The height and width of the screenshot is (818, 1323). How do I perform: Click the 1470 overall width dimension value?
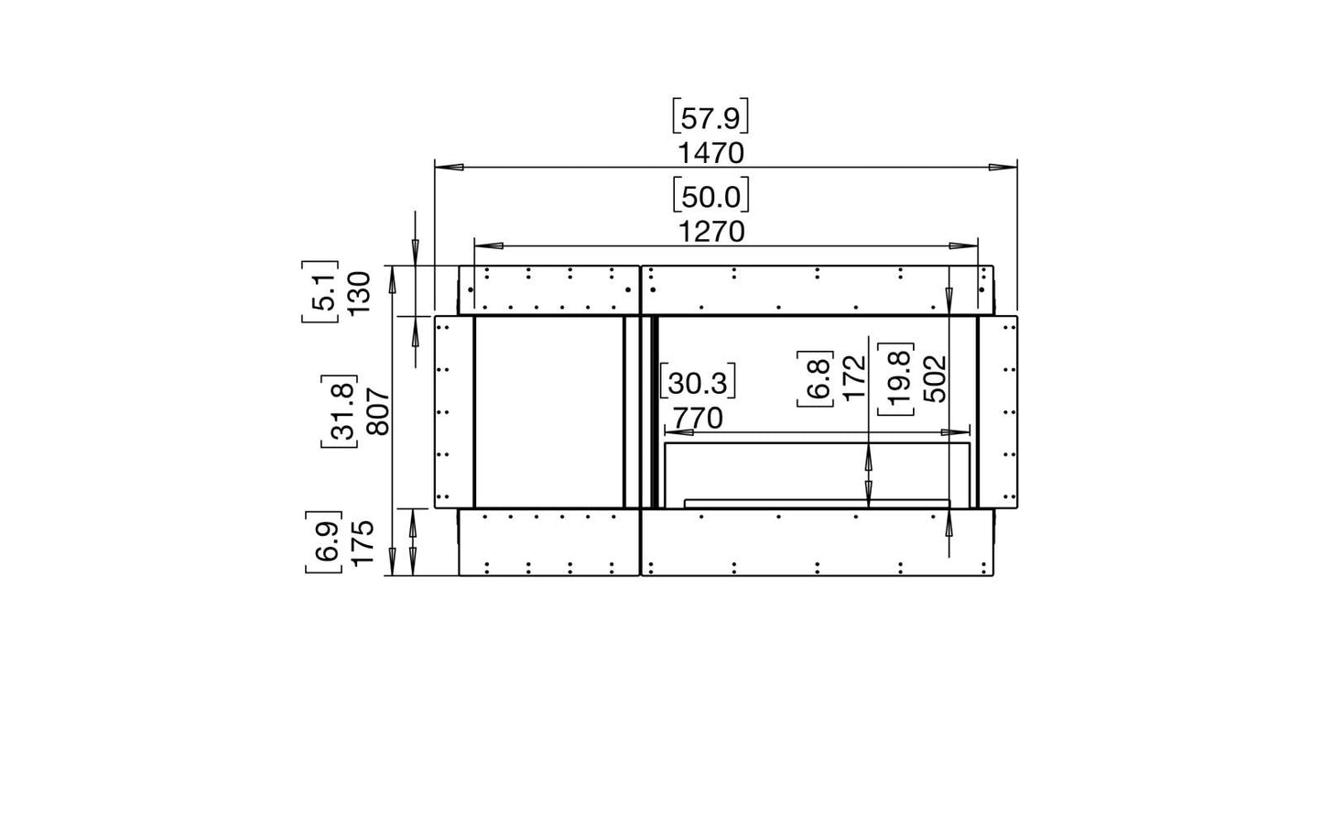710,154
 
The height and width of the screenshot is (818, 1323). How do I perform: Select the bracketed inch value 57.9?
710,117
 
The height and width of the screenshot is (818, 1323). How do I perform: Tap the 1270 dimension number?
711,232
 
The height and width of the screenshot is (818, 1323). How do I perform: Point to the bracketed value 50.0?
710,195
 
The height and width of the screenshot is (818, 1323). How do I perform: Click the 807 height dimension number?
378,411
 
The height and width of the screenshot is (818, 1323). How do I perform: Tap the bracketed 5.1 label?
321,292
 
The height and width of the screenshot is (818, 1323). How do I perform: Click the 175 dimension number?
363,542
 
